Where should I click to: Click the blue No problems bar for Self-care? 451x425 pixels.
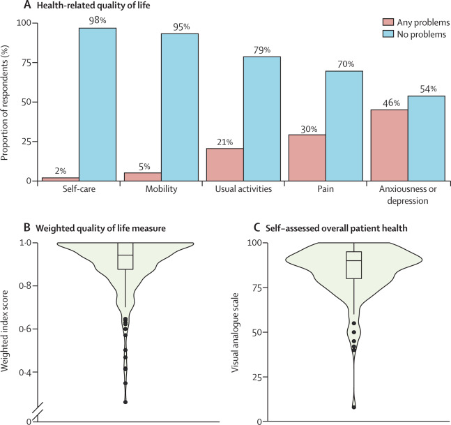98,104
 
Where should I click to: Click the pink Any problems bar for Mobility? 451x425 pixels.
143,177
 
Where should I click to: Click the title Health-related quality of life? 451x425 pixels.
90,6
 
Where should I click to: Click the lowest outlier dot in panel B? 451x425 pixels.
125,402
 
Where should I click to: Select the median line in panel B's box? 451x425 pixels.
125,255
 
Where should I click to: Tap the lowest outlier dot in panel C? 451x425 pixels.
354,407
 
